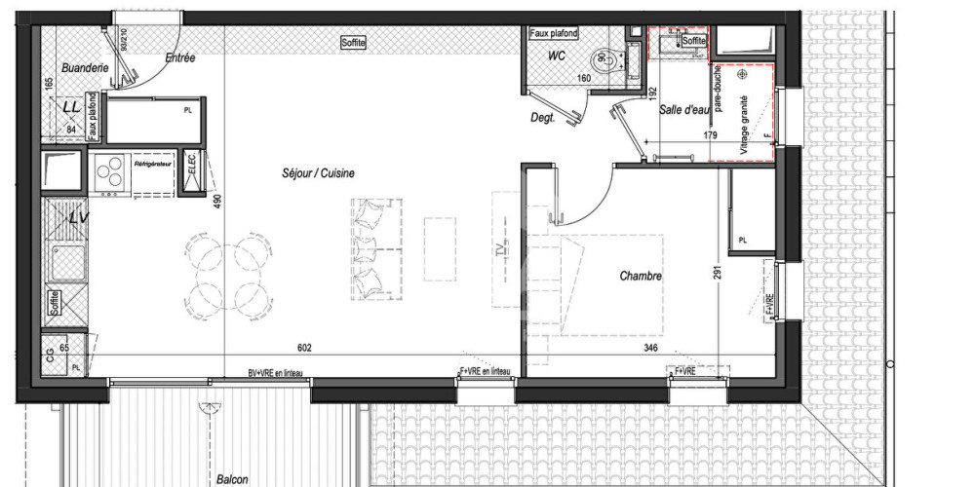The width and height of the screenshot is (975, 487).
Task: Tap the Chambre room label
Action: click(x=641, y=277)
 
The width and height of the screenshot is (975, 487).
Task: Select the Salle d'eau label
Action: click(x=682, y=110)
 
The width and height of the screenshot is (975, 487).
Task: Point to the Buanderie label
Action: click(x=83, y=68)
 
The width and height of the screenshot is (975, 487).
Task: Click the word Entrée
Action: click(x=180, y=58)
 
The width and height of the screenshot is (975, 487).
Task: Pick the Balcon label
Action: click(x=232, y=479)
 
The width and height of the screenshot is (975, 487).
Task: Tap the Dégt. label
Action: click(x=544, y=117)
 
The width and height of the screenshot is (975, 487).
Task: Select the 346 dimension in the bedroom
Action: click(x=649, y=348)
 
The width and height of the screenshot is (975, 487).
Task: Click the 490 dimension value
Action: click(x=217, y=202)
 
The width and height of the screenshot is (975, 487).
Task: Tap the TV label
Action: click(x=504, y=250)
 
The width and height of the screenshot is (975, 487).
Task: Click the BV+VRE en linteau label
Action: click(x=280, y=372)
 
